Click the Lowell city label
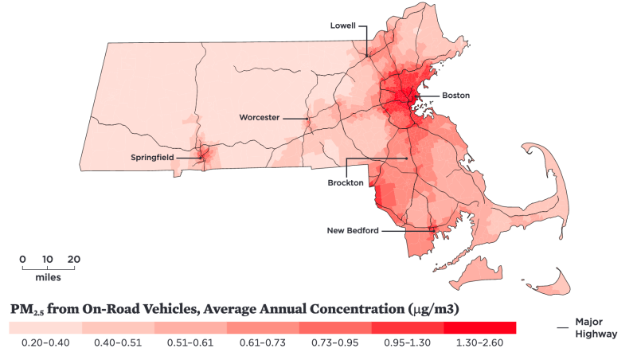click(345, 25)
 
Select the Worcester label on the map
click(260, 117)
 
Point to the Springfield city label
click(154, 158)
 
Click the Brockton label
click(346, 182)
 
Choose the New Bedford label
click(353, 231)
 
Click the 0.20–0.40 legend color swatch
click(45, 327)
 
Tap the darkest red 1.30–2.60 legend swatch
click(479, 327)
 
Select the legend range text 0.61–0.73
click(262, 342)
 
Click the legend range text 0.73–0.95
click(334, 342)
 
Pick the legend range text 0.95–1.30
click(407, 342)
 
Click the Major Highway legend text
click(596, 327)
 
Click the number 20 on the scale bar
click(73, 260)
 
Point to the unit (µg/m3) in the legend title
click(436, 307)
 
